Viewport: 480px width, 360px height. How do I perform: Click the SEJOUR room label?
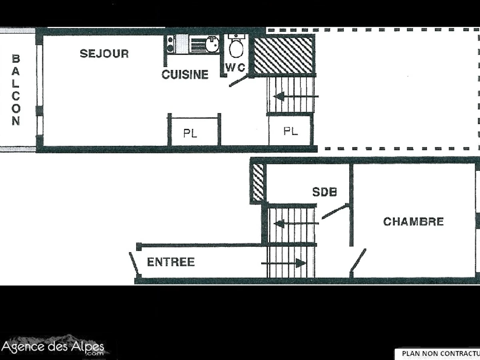(104, 54)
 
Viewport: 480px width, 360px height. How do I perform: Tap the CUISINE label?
(185, 74)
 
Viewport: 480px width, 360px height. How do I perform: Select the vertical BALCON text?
(16, 90)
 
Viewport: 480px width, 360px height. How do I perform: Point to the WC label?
(235, 68)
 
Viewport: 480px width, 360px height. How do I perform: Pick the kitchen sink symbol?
(212, 44)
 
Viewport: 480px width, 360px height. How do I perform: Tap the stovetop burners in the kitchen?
(170, 44)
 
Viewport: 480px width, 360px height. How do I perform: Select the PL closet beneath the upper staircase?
(290, 131)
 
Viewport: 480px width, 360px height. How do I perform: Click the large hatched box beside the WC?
(284, 55)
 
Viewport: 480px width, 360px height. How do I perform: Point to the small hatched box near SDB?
(258, 182)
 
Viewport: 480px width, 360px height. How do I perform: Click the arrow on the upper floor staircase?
(296, 96)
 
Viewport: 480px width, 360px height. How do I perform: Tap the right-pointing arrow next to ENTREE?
(284, 263)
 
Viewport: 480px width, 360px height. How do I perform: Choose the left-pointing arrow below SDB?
(296, 223)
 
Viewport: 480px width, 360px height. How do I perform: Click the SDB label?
(324, 192)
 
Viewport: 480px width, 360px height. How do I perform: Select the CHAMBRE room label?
(413, 222)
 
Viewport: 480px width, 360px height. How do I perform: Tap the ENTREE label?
(171, 262)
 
